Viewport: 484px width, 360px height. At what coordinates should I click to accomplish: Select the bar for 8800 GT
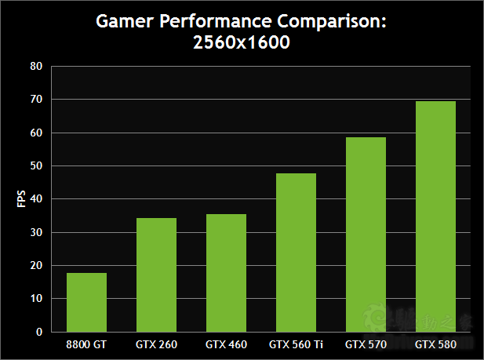tap(86, 302)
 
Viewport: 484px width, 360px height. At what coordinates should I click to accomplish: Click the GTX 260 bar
tap(156, 275)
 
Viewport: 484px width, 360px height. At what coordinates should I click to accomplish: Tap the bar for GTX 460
tap(226, 273)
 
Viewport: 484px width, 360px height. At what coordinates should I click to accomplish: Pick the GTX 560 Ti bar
tap(296, 253)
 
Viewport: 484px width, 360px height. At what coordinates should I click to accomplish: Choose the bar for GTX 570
tap(366, 235)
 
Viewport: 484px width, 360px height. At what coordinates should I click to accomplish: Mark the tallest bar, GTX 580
tap(435, 216)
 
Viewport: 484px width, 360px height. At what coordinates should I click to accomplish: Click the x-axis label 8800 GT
tap(86, 344)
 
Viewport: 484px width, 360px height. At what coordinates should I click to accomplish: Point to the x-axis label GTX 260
tap(156, 344)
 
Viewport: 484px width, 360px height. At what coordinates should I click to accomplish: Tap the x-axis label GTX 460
tap(226, 344)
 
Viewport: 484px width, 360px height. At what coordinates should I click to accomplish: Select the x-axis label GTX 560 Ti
tap(296, 344)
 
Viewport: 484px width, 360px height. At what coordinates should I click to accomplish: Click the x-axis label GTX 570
tap(366, 344)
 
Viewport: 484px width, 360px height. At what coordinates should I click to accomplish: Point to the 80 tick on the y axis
tap(35, 67)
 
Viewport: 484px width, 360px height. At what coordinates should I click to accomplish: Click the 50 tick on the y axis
tap(35, 166)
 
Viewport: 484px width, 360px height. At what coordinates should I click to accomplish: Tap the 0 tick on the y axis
tap(38, 332)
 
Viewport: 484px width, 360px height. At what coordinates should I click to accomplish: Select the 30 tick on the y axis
tap(35, 232)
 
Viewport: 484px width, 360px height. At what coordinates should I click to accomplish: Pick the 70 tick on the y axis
tap(35, 100)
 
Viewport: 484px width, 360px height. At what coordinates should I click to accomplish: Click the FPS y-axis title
tap(21, 199)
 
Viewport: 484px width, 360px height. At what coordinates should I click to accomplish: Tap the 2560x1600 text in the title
tap(242, 44)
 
